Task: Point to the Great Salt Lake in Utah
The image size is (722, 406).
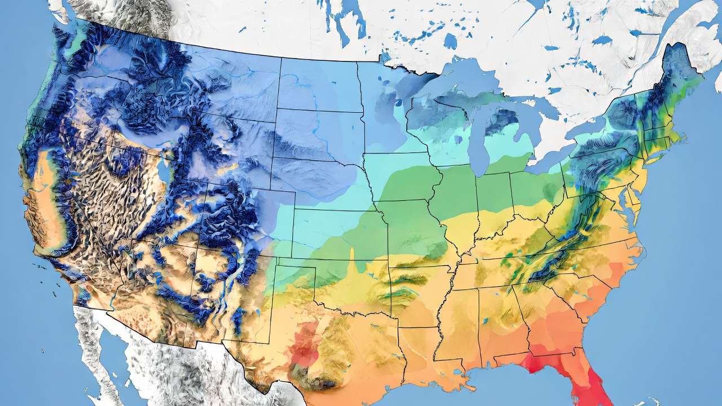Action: pyautogui.click(x=163, y=169)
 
